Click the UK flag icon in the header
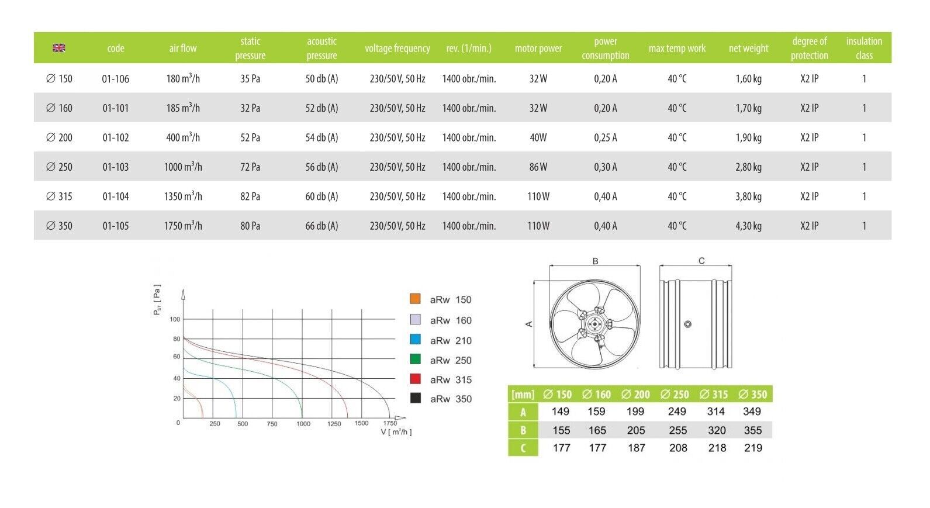(59, 48)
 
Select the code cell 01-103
(115, 167)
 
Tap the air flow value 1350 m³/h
(183, 196)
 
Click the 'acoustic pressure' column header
(321, 48)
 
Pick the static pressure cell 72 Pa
(250, 167)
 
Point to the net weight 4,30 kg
(748, 226)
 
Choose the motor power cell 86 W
(538, 167)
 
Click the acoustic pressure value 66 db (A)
(321, 226)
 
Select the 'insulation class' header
(864, 48)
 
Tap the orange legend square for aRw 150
(415, 299)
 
